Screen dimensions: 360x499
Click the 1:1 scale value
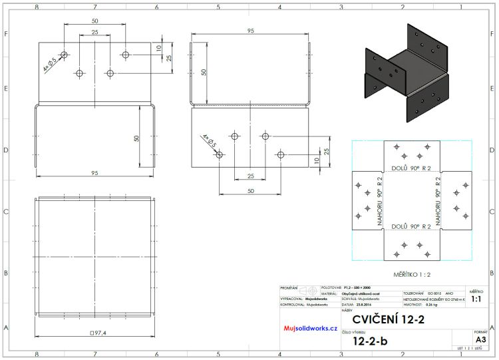coord(476,300)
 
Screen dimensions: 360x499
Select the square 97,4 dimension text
coord(98,332)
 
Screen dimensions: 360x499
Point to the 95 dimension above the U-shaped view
coord(250,31)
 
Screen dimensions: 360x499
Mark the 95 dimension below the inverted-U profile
coord(94,173)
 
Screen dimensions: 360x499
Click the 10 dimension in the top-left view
coord(159,48)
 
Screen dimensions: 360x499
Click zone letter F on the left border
coord(6,34)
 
